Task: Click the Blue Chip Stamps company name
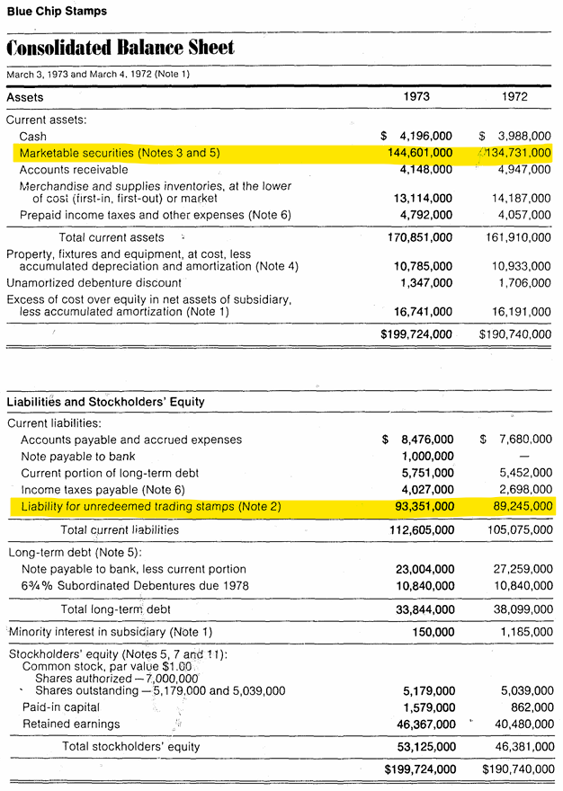(57, 12)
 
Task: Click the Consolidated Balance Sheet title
(121, 48)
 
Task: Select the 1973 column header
(416, 97)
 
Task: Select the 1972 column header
(514, 97)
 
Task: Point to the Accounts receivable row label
(75, 169)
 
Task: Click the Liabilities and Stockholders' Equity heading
(105, 402)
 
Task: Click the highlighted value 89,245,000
(517, 507)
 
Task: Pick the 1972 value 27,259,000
(518, 569)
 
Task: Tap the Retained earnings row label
(71, 724)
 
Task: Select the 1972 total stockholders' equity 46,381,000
(518, 746)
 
